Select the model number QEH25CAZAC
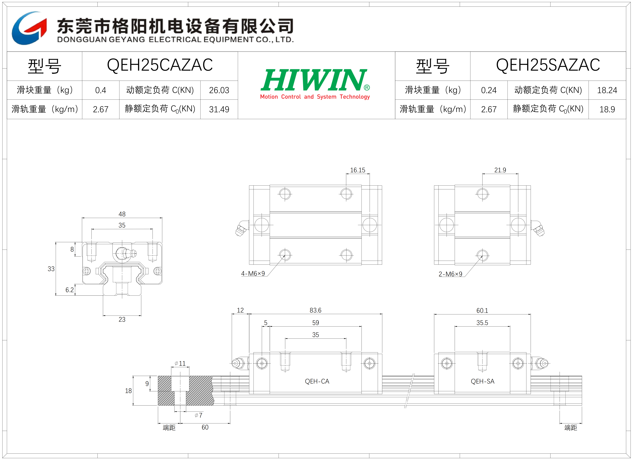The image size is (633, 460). point(160,65)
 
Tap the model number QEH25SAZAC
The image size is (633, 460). point(548,65)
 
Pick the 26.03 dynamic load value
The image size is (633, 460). point(219,90)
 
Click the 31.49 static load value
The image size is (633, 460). point(219,109)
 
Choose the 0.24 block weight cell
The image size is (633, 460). point(489,90)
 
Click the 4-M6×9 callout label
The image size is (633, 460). point(253,274)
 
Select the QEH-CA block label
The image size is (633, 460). point(317,381)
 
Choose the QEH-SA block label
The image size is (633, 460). point(483,381)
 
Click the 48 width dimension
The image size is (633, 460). point(122,214)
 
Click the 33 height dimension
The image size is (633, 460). point(51,269)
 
